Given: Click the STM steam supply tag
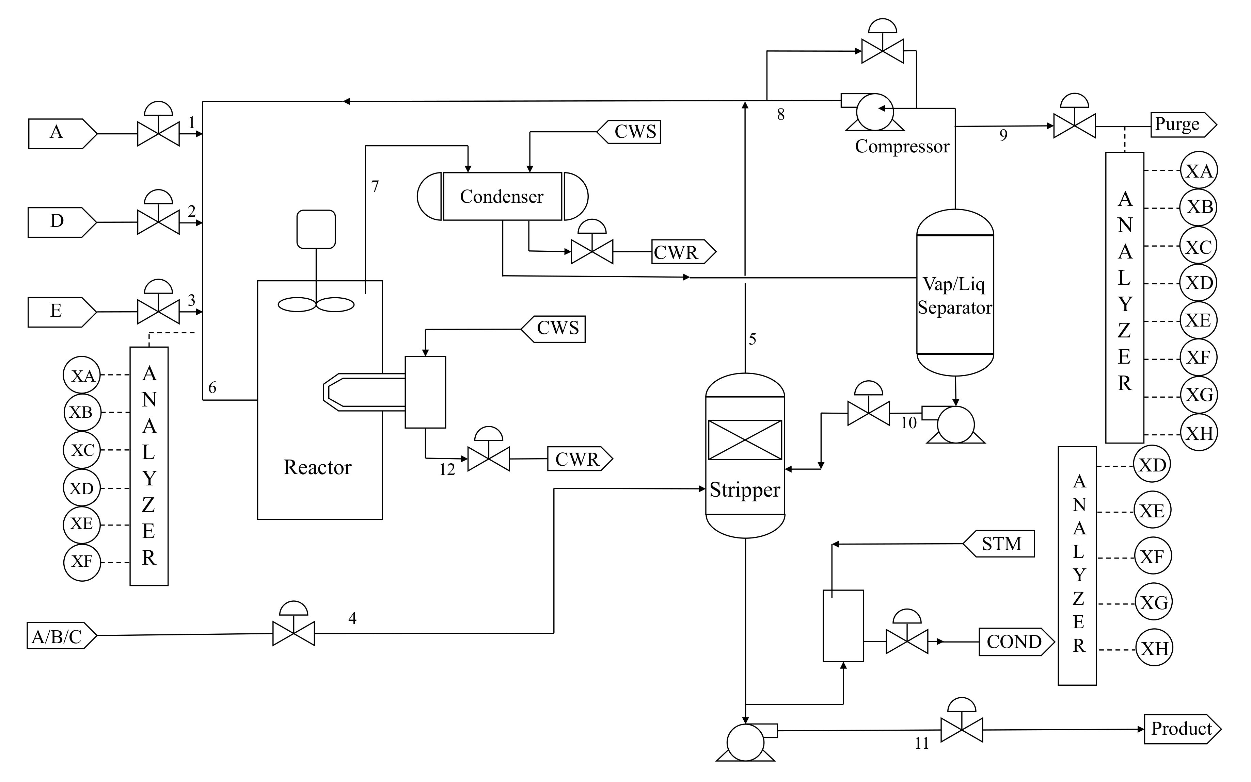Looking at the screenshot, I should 1000,544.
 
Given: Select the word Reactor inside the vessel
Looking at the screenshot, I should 317,467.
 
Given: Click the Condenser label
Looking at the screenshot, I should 502,197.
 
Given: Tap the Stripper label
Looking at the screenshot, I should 744,489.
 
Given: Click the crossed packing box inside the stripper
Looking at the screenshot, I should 745,439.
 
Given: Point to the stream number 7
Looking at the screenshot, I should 375,186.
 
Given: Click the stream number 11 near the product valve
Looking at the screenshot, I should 922,743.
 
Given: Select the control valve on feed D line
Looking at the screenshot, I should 158,221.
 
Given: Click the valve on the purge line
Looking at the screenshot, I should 1075,125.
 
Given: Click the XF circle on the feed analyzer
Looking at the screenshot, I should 82,562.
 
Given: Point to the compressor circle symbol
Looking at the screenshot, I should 875,111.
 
